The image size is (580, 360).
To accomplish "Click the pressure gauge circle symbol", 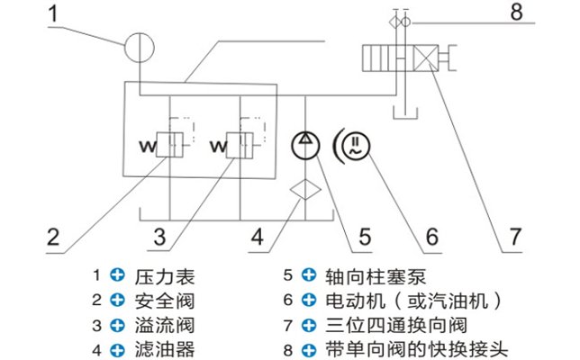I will [140, 46].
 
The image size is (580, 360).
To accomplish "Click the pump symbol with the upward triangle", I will [307, 143].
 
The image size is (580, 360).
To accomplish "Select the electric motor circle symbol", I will [358, 144].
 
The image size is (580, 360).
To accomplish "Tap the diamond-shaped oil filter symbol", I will [307, 190].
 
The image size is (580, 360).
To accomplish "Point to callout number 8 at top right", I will [514, 13].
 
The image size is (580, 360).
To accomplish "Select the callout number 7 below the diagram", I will [514, 238].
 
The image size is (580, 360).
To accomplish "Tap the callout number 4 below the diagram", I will [257, 238].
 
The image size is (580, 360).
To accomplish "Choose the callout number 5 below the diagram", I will [365, 238].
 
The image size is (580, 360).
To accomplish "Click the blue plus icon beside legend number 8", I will [309, 347].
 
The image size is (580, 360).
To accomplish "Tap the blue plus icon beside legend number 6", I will [309, 300].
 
